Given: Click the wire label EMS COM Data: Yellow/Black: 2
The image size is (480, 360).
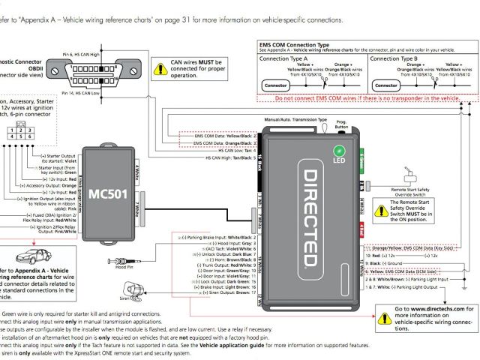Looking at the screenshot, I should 224,136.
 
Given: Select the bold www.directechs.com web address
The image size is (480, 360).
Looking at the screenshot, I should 433,308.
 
